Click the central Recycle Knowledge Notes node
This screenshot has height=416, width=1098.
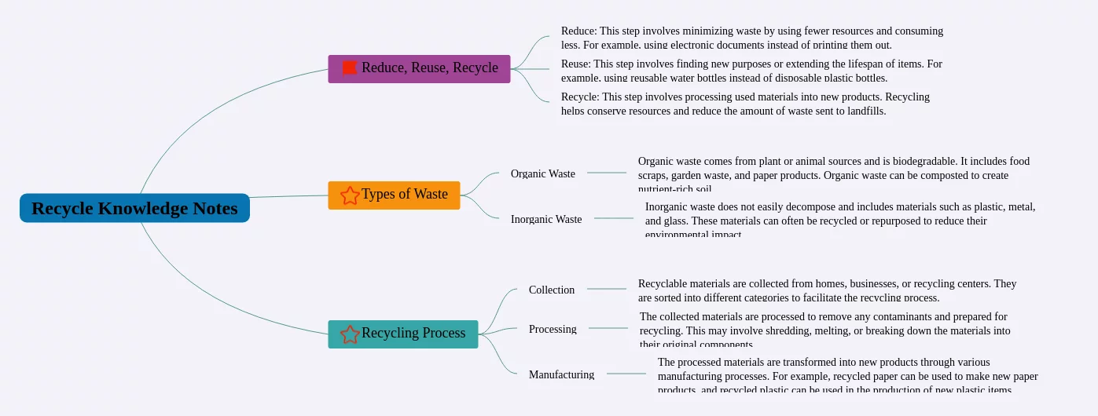[134, 208]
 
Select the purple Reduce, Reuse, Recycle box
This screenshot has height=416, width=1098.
[419, 68]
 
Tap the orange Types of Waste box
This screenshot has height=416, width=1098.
[394, 195]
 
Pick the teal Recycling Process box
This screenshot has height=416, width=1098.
[402, 334]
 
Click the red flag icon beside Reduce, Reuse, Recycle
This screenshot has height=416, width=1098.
[350, 68]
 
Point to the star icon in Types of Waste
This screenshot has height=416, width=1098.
[350, 195]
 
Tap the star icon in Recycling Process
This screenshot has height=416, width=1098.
[350, 334]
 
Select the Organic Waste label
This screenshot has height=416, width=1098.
[542, 173]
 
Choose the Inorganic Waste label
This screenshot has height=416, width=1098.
[546, 219]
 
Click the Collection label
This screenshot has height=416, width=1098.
[552, 290]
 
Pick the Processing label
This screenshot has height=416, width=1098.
[553, 329]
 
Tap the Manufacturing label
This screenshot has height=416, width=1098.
[561, 374]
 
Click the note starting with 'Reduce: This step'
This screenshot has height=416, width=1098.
[751, 38]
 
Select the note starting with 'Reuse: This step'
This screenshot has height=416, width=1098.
[751, 71]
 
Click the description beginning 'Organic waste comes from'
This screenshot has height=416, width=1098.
[833, 174]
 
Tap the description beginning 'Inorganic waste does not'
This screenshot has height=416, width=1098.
[839, 220]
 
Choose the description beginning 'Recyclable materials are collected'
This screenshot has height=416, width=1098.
[827, 290]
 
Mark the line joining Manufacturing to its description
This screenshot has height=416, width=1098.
[626, 374]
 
